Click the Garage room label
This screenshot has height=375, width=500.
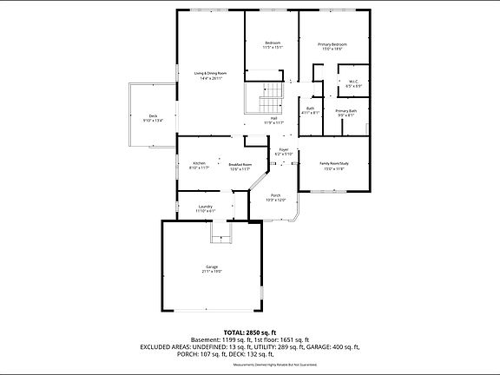pyautogui.click(x=212, y=268)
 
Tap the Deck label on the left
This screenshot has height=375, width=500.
pyautogui.click(x=153, y=118)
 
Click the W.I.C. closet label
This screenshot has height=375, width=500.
pyautogui.click(x=353, y=84)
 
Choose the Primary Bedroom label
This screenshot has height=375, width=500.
pyautogui.click(x=332, y=45)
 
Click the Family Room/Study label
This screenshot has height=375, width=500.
pyautogui.click(x=333, y=166)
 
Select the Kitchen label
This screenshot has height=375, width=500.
pyautogui.click(x=199, y=165)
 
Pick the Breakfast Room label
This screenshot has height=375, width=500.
pyautogui.click(x=240, y=166)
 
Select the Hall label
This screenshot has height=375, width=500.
pyautogui.click(x=273, y=120)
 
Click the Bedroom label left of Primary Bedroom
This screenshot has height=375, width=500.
pyautogui.click(x=273, y=45)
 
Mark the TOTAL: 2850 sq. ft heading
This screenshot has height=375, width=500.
pyautogui.click(x=250, y=332)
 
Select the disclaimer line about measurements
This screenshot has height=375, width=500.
pyautogui.click(x=250, y=365)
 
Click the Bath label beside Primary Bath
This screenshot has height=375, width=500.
pyautogui.click(x=310, y=110)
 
